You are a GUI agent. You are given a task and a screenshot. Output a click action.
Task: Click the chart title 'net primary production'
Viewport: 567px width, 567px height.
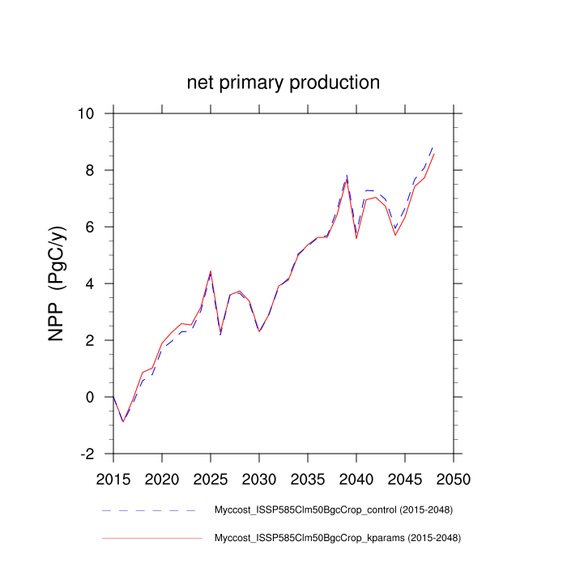[x=283, y=83]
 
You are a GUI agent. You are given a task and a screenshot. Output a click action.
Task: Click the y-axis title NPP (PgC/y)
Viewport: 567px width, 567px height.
[x=57, y=283]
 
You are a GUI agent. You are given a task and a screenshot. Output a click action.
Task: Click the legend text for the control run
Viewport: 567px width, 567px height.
[x=332, y=510]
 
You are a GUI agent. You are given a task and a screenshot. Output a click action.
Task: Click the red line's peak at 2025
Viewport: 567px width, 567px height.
[x=211, y=271]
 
